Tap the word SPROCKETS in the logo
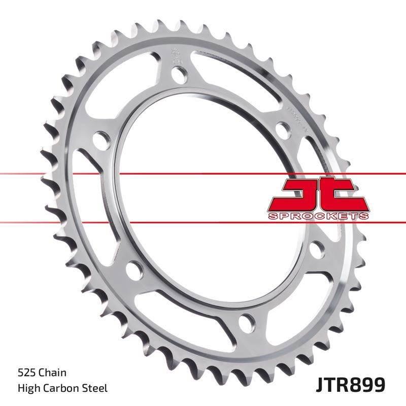tap(317, 216)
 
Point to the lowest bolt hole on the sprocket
tap(248, 321)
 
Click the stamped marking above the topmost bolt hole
tap(176, 54)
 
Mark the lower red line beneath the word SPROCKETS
tap(203, 222)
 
